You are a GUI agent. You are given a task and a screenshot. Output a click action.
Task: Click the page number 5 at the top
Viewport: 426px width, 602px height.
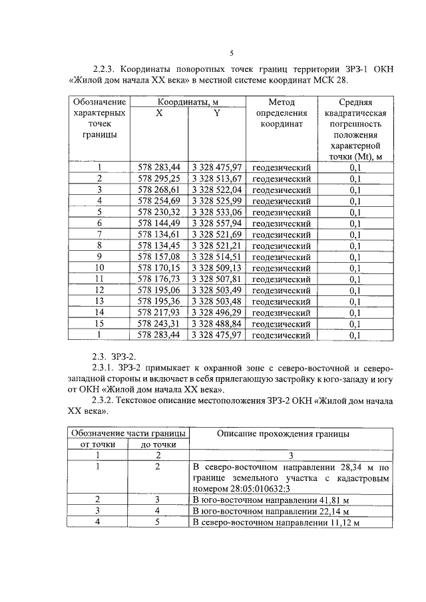(x=232, y=54)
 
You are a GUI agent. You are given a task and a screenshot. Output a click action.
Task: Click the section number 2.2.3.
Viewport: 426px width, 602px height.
(x=106, y=69)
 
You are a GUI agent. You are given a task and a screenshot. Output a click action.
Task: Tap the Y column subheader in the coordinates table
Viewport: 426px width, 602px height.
(x=217, y=113)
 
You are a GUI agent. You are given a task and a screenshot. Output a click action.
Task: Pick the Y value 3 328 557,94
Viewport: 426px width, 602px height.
(x=217, y=224)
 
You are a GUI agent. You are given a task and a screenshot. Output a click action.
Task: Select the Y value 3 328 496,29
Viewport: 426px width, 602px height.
(x=217, y=313)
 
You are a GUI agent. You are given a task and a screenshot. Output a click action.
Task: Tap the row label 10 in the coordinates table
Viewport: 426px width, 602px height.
(x=99, y=268)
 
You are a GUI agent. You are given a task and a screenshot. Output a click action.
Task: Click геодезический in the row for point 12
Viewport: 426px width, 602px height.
(x=282, y=291)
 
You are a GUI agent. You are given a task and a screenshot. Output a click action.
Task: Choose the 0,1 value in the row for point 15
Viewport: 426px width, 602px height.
(x=355, y=324)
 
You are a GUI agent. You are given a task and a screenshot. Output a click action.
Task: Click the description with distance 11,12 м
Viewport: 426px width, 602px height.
(x=276, y=523)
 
